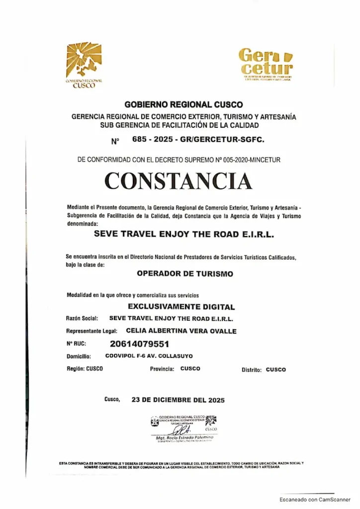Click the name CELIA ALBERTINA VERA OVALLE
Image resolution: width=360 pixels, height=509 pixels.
coord(181,331)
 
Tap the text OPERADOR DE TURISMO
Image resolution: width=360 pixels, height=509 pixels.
coord(184,273)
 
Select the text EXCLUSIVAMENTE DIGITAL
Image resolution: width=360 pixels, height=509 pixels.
coord(181,307)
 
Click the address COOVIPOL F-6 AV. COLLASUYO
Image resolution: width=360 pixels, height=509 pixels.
coord(149,356)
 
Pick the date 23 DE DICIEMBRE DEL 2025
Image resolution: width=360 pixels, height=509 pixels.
coord(178,400)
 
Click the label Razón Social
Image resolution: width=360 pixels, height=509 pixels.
coord(82,319)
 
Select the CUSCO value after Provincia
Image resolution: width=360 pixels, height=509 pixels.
coord(190,369)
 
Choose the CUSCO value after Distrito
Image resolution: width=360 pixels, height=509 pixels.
coord(276,370)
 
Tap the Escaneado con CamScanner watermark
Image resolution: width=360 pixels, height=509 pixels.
coord(314,499)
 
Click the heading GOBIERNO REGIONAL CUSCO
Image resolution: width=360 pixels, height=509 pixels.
coord(183,105)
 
